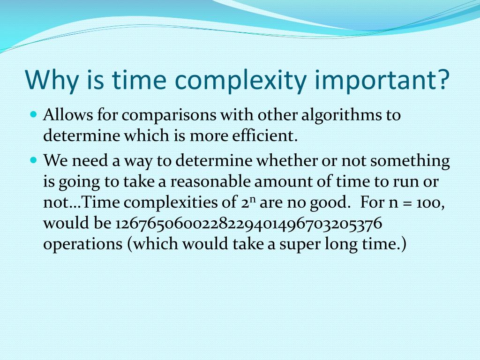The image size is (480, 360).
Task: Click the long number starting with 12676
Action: coord(248,225)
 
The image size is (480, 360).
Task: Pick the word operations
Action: coord(82,246)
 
